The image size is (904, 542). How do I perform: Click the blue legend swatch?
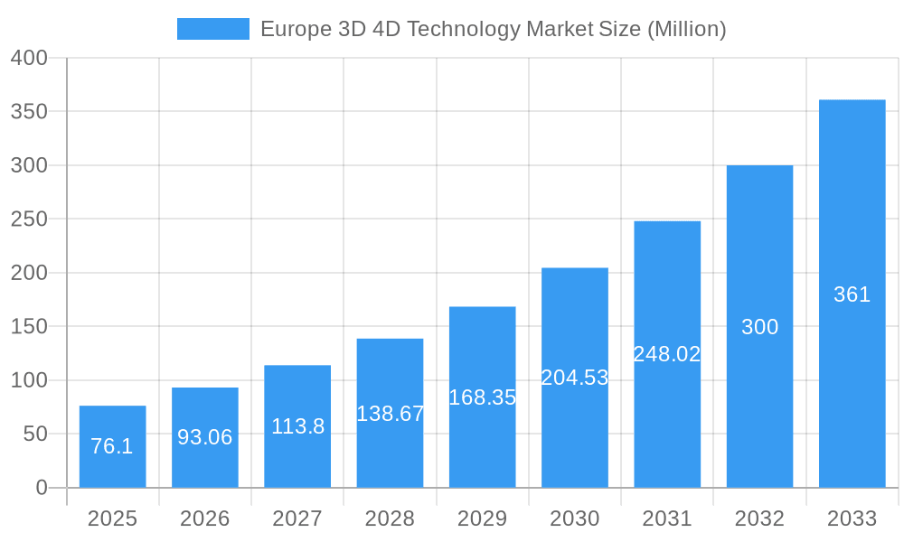click(212, 29)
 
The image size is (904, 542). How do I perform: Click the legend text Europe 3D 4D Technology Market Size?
click(493, 29)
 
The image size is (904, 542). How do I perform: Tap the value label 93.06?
click(204, 437)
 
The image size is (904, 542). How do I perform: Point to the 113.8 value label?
click(297, 426)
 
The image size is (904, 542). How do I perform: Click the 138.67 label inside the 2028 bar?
click(390, 414)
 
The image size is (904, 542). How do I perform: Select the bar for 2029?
click(482, 361)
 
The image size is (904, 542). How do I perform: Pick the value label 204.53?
click(575, 378)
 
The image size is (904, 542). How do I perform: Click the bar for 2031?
click(667, 298)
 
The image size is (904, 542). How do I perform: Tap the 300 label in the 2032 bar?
click(759, 327)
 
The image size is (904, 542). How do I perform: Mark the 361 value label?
click(852, 294)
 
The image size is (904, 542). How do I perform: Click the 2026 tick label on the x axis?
click(204, 519)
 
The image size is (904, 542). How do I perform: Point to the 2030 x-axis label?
click(575, 519)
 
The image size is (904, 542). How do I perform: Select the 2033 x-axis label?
click(852, 519)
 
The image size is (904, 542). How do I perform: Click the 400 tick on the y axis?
click(29, 58)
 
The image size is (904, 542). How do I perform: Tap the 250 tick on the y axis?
click(29, 220)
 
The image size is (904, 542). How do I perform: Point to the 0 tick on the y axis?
click(42, 488)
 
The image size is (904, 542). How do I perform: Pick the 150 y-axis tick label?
click(29, 326)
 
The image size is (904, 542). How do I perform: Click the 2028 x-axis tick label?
click(390, 519)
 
